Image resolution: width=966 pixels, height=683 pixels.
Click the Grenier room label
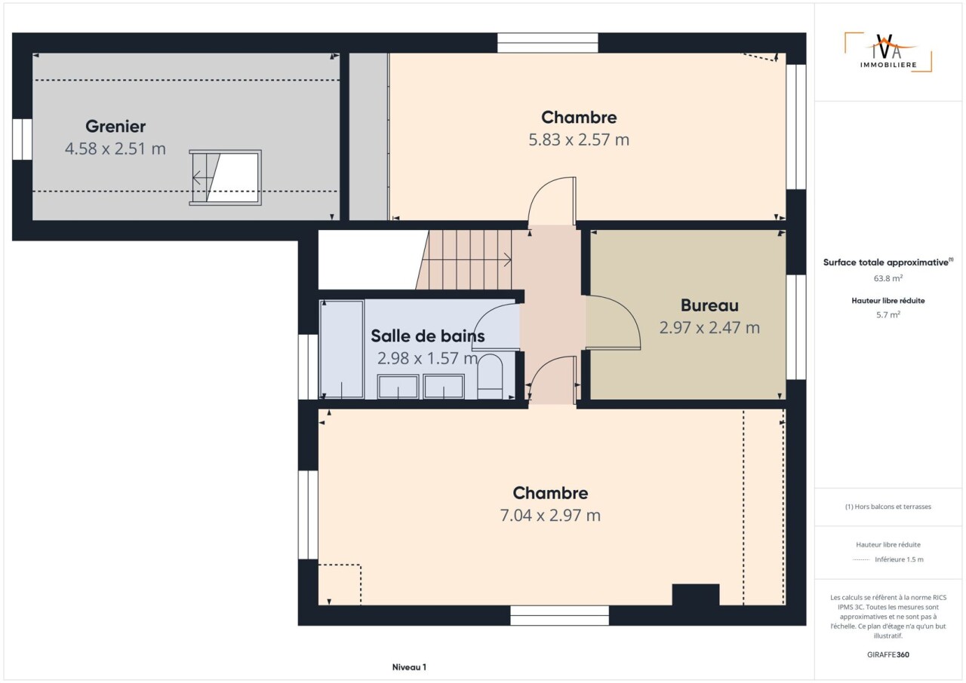click(115, 127)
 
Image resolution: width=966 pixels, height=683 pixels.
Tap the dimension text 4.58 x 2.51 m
click(115, 149)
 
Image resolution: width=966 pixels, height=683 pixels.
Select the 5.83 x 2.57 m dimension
click(579, 140)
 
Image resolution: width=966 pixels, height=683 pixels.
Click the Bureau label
click(709, 305)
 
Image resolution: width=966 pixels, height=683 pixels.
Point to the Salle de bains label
click(427, 336)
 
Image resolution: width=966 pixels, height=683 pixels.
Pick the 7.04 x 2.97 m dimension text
click(550, 516)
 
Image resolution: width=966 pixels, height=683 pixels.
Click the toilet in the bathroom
click(491, 376)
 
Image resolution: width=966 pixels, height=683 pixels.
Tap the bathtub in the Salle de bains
click(342, 349)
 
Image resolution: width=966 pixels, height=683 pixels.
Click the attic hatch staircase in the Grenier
click(225, 177)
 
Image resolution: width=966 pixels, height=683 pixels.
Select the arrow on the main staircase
click(466, 260)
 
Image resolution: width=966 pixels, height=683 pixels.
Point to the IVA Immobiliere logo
click(888, 53)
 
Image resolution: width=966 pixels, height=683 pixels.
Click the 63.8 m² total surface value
click(888, 278)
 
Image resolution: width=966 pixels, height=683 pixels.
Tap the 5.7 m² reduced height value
click(888, 315)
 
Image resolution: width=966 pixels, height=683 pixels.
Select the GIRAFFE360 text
click(888, 654)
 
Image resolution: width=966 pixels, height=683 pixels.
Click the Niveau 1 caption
click(409, 667)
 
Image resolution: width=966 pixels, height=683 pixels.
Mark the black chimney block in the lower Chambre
click(696, 595)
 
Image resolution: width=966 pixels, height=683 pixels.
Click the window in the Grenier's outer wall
click(22, 139)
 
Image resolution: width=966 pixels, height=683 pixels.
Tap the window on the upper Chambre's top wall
click(548, 43)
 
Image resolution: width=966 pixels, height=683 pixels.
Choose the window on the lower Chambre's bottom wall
click(559, 615)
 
